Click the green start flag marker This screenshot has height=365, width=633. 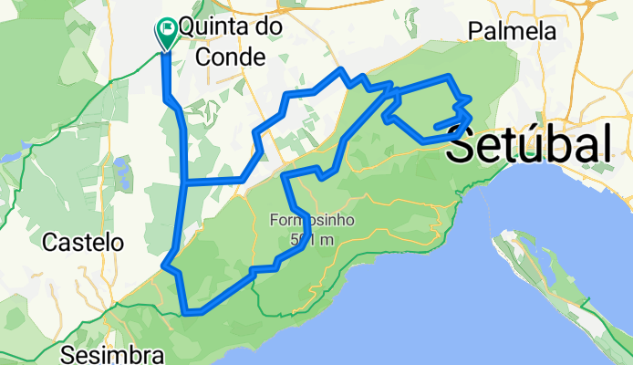point(168,33)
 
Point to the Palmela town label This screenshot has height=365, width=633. point(512,31)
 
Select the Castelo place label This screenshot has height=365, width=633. point(84,243)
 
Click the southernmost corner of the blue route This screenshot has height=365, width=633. point(187,313)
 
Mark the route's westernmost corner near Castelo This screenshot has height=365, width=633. point(164,266)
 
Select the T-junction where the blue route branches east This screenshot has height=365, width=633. point(185,182)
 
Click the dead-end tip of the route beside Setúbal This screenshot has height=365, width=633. point(437,127)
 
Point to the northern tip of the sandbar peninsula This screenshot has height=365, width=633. point(497,235)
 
